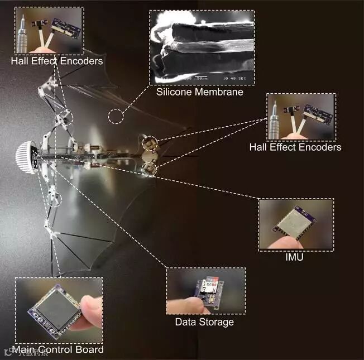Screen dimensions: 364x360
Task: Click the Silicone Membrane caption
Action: tap(200, 92)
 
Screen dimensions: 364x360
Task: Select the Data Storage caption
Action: tap(204, 322)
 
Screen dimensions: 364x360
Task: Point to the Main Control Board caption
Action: tap(59, 349)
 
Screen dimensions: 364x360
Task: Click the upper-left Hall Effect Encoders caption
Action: tap(57, 60)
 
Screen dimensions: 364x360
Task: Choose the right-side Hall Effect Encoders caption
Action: tap(295, 147)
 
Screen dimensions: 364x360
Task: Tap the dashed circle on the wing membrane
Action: tap(117, 116)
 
